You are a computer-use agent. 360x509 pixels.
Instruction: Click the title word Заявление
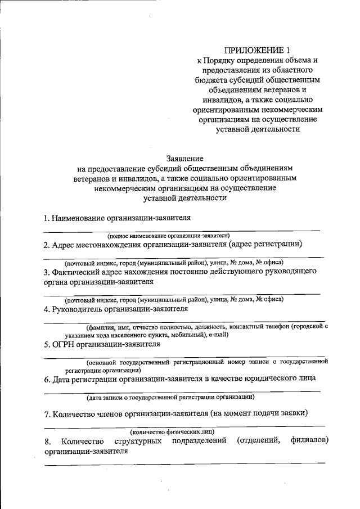click(x=185, y=159)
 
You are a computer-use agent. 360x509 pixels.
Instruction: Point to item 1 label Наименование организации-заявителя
click(x=122, y=217)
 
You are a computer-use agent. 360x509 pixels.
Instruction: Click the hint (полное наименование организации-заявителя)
click(x=169, y=236)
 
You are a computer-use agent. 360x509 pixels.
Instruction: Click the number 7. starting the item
click(x=48, y=414)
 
